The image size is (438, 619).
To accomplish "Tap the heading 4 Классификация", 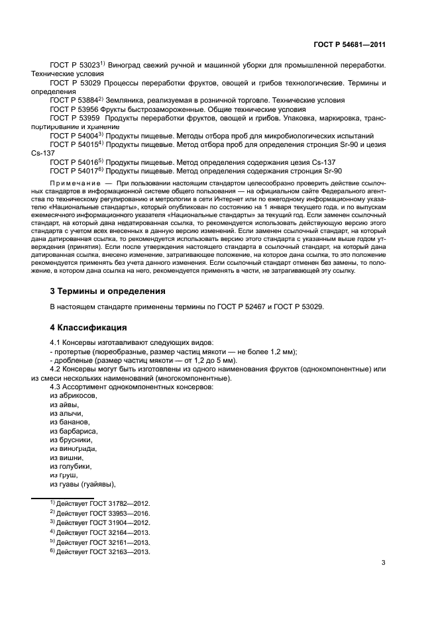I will [x=89, y=327].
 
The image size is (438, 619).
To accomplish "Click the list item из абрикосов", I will [x=74, y=395].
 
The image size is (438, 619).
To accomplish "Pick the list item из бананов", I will [x=70, y=422].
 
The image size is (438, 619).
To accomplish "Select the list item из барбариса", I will [x=72, y=430].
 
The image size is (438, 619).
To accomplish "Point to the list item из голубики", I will [x=71, y=465].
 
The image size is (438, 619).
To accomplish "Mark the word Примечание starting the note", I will [x=75, y=181].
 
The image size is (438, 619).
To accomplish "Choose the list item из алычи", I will [x=66, y=412].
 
